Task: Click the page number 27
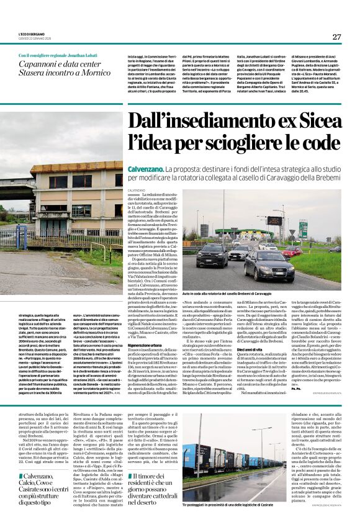tap(335, 37)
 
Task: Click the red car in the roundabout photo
tap(291, 251)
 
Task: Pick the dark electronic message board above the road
tap(274, 220)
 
